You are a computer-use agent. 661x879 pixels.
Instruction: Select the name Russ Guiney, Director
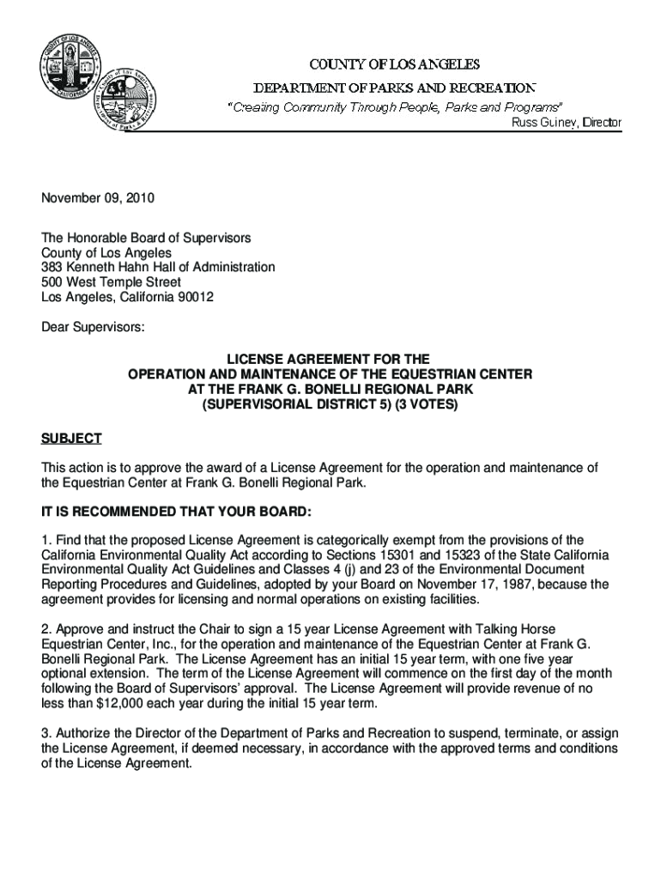pos(566,124)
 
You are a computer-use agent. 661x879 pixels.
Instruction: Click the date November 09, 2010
pos(98,198)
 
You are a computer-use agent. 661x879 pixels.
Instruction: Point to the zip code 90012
pos(194,297)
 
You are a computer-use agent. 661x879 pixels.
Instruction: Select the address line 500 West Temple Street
pos(112,282)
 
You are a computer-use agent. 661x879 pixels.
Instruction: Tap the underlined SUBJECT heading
pos(71,439)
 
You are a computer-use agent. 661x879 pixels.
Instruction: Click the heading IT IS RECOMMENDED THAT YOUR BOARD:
pos(177,512)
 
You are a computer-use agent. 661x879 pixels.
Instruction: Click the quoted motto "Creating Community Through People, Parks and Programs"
pos(394,108)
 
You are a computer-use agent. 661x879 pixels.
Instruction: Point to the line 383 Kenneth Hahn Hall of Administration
pos(159,267)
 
